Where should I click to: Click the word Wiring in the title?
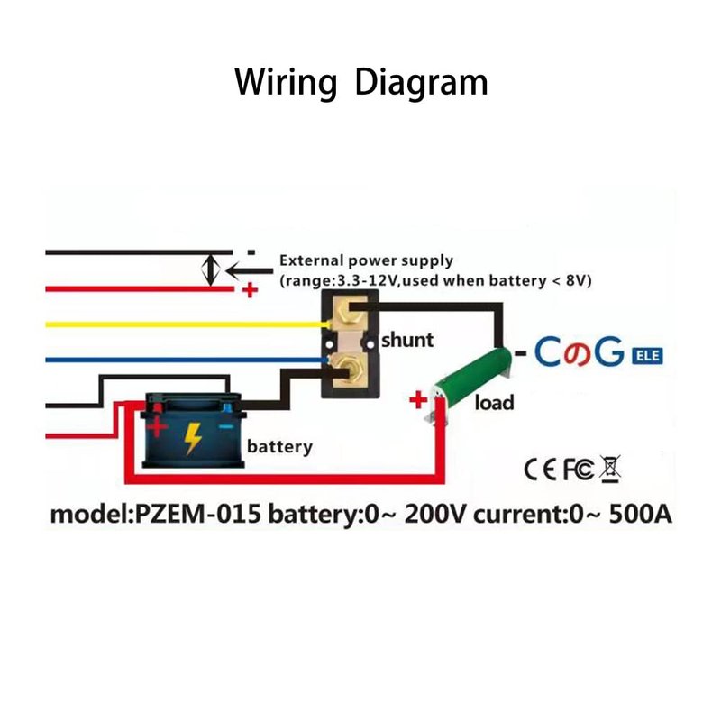[285, 82]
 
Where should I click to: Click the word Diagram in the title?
[421, 82]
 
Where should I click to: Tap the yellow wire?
[180, 324]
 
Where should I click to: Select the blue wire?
[180, 359]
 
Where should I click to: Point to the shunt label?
[406, 341]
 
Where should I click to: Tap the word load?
[494, 402]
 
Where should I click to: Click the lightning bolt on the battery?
[193, 439]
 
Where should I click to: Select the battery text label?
[279, 446]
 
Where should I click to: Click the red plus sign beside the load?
[417, 399]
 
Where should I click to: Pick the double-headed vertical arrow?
[211, 269]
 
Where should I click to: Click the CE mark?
[539, 469]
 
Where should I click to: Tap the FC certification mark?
[578, 469]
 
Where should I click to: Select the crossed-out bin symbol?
[610, 469]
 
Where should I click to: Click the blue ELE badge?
[647, 355]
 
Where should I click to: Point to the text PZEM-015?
[199, 516]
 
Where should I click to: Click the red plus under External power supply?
[250, 291]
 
